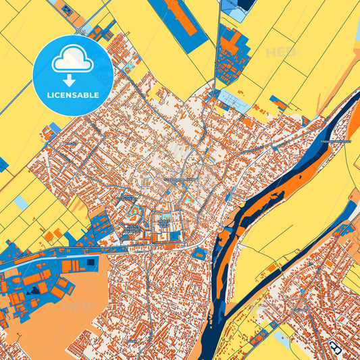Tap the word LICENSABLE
coord(72,95)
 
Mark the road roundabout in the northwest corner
coord(81,30)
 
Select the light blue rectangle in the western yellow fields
coord(21,201)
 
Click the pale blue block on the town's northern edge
coord(233,101)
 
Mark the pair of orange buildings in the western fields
coord(49,236)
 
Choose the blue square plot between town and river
coord(199,253)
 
